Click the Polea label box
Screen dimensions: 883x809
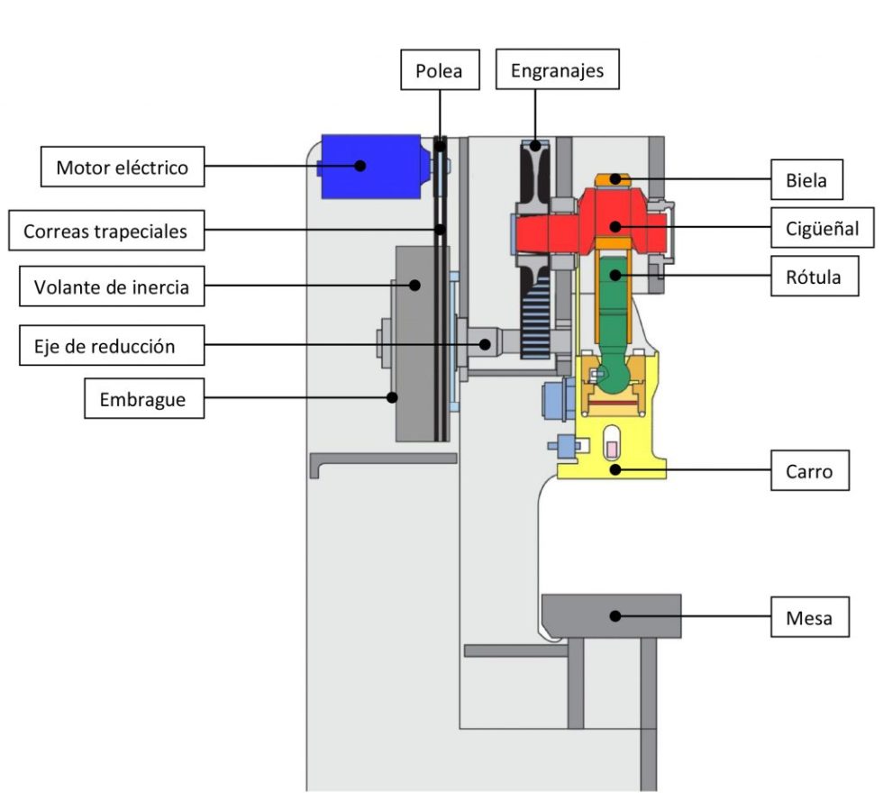point(440,69)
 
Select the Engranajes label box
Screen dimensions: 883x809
point(557,69)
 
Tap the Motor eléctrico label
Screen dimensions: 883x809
point(123,167)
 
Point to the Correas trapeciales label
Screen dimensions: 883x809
point(106,231)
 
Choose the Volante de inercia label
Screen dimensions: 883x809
point(112,286)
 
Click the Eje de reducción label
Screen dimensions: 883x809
point(112,345)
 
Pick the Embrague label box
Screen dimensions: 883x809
point(143,398)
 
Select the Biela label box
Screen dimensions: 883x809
point(806,179)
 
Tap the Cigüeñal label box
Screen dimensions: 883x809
point(822,227)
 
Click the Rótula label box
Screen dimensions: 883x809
point(815,276)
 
